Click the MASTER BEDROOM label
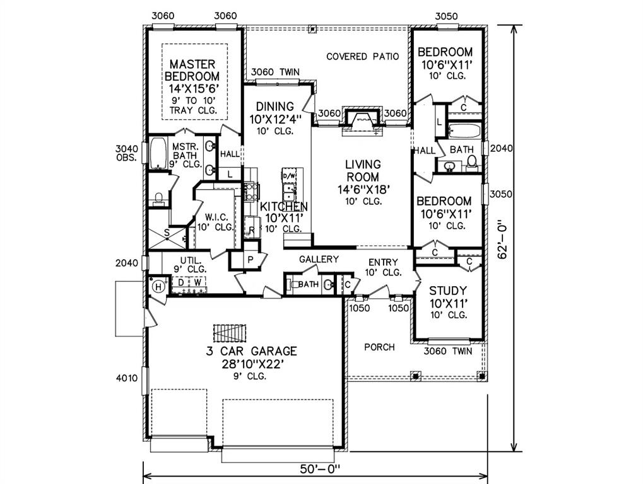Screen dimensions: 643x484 (x=192, y=70)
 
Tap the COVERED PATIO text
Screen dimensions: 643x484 (x=362, y=57)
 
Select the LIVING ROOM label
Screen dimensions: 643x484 (x=363, y=171)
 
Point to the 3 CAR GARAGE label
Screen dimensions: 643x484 (x=251, y=351)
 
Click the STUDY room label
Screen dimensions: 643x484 (x=448, y=291)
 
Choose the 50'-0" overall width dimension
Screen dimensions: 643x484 (x=320, y=468)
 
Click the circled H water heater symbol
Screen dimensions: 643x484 (x=159, y=287)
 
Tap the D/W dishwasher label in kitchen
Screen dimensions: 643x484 (x=289, y=176)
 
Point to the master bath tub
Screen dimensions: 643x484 (x=158, y=153)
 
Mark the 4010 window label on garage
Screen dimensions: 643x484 (x=127, y=378)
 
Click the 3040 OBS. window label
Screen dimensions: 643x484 (x=126, y=153)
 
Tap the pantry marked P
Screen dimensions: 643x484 (x=250, y=260)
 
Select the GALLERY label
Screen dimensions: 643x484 (x=319, y=259)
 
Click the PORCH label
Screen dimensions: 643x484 (x=379, y=347)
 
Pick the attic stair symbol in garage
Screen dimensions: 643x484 (x=230, y=333)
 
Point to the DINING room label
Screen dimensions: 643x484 (x=274, y=107)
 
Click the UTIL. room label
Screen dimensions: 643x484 (x=191, y=260)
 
